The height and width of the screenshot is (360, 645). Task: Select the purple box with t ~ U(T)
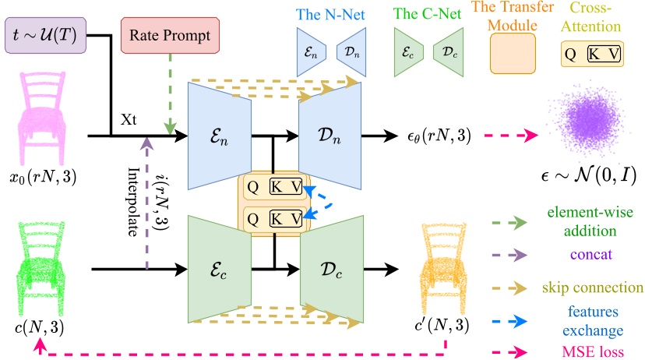point(47,36)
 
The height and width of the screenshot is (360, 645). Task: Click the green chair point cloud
point(37,251)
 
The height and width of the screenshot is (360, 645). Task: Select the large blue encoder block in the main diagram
point(220,136)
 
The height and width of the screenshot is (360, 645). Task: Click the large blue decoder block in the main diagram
point(330,136)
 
